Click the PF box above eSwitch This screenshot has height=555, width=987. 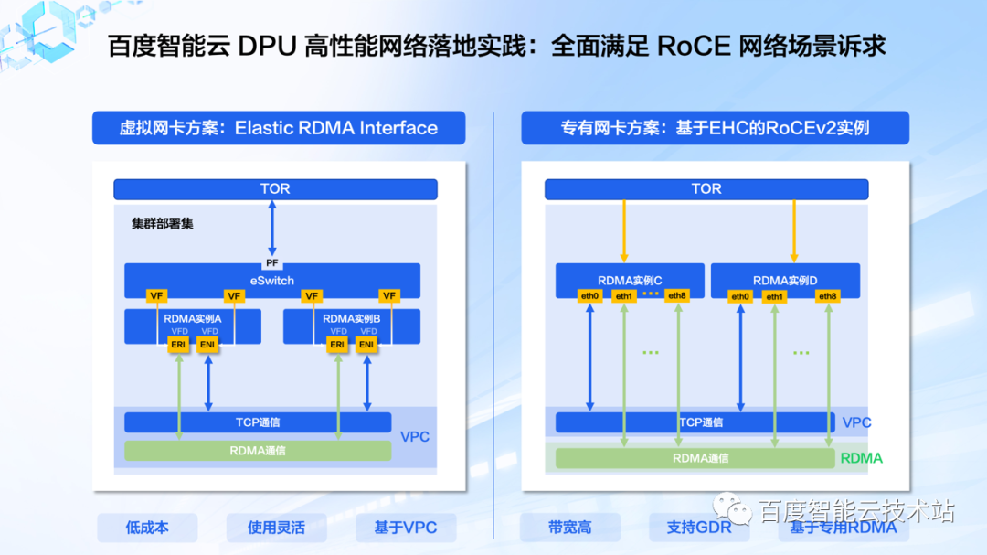pyautogui.click(x=271, y=263)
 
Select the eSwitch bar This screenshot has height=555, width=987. pyautogui.click(x=272, y=281)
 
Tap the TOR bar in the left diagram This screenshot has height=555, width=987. pyautogui.click(x=275, y=189)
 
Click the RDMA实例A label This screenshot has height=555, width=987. pyautogui.click(x=193, y=318)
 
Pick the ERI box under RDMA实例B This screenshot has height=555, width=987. pyautogui.click(x=338, y=344)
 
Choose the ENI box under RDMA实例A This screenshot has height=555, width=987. pyautogui.click(x=208, y=344)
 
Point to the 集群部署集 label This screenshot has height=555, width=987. pyautogui.click(x=163, y=223)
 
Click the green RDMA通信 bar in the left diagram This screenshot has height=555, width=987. pyautogui.click(x=258, y=451)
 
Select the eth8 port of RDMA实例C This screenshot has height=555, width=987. pyautogui.click(x=677, y=295)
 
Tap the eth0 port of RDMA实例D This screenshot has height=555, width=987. pyautogui.click(x=740, y=296)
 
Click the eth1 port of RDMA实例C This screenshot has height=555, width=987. pyautogui.click(x=624, y=295)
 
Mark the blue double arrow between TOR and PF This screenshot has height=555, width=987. pyautogui.click(x=271, y=228)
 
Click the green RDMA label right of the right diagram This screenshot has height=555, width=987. pyautogui.click(x=861, y=458)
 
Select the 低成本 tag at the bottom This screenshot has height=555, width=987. pyautogui.click(x=147, y=528)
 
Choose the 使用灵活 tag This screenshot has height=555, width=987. pyautogui.click(x=276, y=528)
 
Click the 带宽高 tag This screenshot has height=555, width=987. pyautogui.click(x=569, y=528)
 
